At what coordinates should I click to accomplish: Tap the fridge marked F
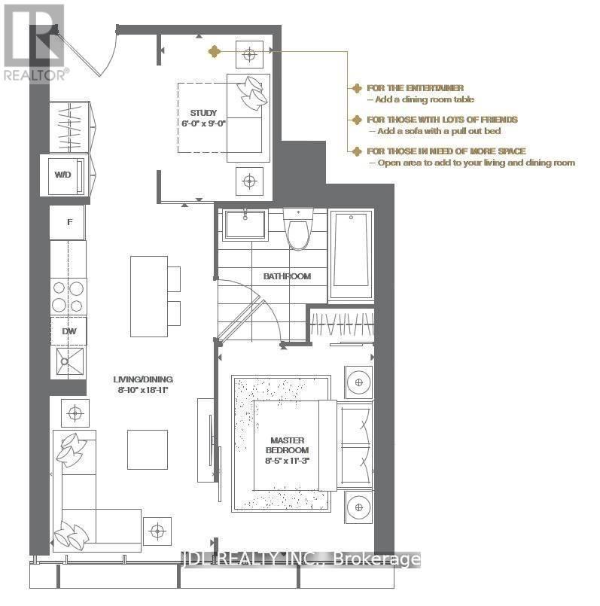tap(69, 223)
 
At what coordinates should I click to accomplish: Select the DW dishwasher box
tap(69, 330)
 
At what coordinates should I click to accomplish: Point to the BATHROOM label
tap(286, 276)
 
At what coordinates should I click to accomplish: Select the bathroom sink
tap(245, 224)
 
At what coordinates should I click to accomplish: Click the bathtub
tap(352, 251)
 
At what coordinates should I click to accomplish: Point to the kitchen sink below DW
tap(69, 362)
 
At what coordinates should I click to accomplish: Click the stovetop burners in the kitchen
tap(69, 296)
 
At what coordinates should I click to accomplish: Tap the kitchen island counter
tap(148, 296)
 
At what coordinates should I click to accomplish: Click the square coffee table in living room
tap(147, 449)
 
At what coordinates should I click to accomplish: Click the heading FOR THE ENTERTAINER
tap(415, 88)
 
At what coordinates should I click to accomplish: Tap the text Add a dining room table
tap(420, 99)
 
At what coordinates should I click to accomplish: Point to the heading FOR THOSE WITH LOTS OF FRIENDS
tap(441, 120)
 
